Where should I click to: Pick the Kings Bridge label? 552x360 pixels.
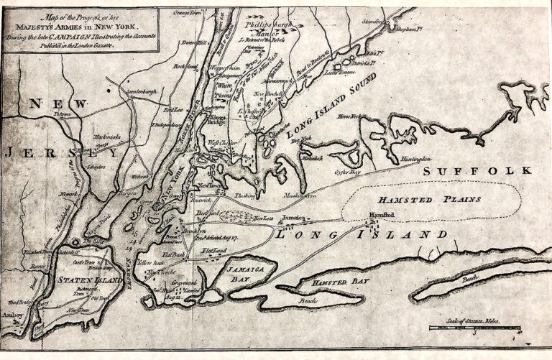point(218,119)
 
